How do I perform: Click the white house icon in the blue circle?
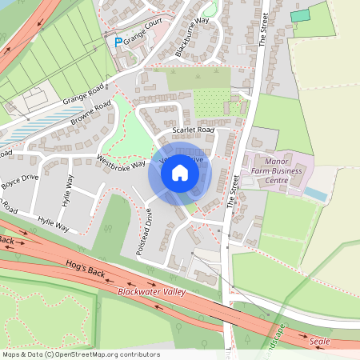(x=180, y=173)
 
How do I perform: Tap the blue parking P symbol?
(x=119, y=42)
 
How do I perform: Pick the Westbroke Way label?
(x=121, y=158)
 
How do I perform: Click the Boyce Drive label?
(x=19, y=181)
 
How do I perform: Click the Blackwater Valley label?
(x=151, y=292)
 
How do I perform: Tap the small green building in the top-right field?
(x=299, y=15)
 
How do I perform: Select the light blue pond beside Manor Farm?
(x=316, y=194)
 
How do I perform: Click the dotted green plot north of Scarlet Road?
(x=210, y=102)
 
